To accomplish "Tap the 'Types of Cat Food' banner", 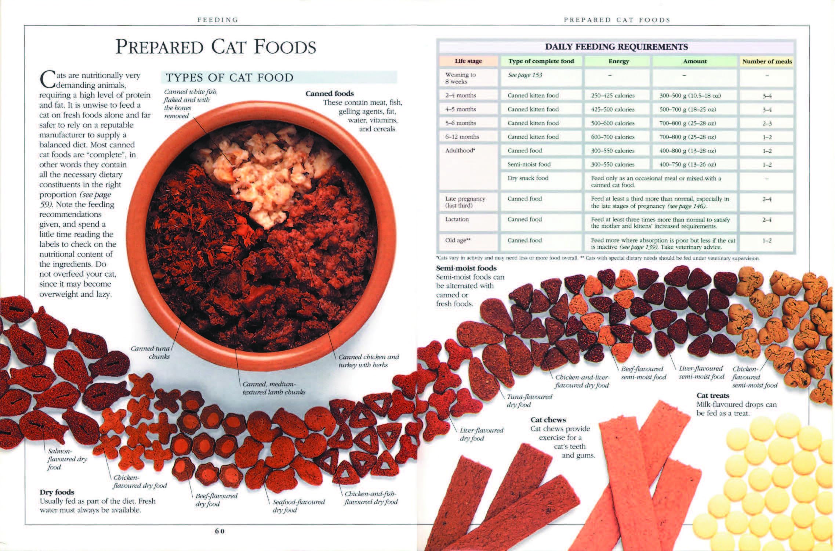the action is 279,78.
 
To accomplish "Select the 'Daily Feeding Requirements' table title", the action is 616,47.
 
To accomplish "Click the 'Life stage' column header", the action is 468,61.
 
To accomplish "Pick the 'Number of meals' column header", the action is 767,61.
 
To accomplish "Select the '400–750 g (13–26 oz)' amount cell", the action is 687,165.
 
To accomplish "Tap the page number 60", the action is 219,531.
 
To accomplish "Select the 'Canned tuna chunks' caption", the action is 150,352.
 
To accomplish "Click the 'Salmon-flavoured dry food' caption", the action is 67,459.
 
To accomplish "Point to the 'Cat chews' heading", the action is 548,419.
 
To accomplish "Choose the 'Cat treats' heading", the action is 713,396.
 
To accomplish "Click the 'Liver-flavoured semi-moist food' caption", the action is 701,372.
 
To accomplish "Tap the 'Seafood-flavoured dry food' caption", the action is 298,506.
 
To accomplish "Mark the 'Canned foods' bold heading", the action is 330,93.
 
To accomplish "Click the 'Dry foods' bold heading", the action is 57,492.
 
